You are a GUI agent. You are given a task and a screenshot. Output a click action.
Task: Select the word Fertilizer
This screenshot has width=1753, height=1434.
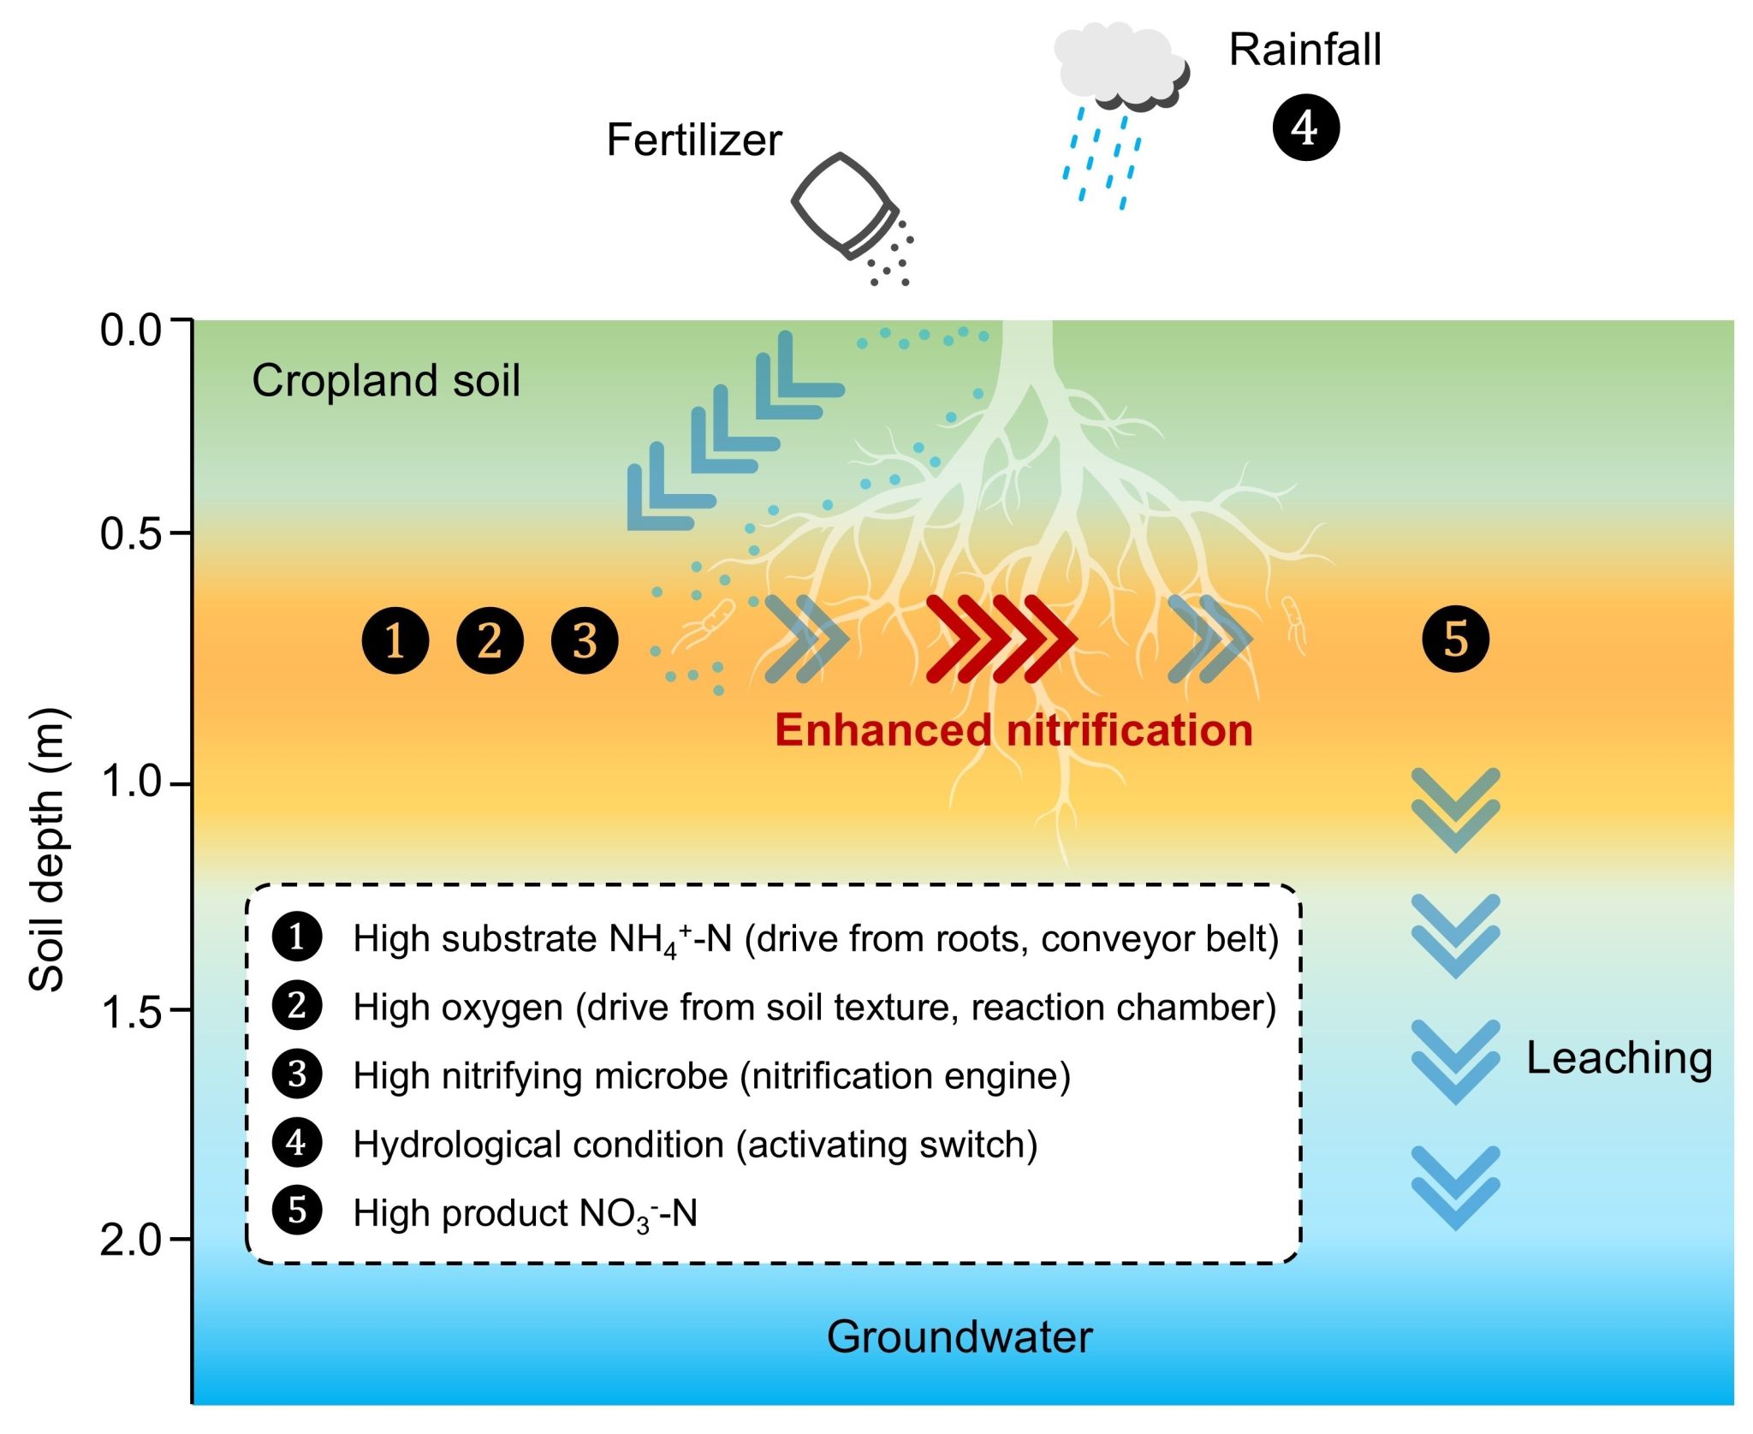pos(694,140)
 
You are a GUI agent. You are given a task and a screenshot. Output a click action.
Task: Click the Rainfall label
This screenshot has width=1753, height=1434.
pos(1305,50)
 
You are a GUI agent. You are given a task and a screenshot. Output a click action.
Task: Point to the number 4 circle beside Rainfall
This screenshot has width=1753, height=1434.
pos(1305,128)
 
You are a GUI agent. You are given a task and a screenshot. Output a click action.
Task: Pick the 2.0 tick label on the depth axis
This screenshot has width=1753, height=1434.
pos(131,1240)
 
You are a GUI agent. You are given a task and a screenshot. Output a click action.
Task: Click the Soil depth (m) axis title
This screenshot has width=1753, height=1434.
pos(46,849)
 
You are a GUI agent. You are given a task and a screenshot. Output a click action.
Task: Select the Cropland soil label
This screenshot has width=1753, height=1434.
pos(386,380)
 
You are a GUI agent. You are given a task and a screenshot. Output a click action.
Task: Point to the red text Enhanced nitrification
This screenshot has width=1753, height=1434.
pos(1013,730)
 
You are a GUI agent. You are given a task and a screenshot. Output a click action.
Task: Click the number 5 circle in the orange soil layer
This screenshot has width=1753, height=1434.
pos(1455,639)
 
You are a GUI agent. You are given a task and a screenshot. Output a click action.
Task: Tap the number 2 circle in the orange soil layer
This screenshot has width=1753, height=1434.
pos(490,640)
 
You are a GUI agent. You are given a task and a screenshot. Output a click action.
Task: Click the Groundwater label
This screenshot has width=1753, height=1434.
pos(960,1336)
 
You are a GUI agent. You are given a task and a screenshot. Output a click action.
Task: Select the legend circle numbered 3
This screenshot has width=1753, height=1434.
pos(297,1074)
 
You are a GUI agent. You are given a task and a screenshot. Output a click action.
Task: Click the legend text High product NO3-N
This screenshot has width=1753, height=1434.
pos(526,1213)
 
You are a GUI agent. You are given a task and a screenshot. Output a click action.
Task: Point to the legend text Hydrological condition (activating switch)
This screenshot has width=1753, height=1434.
pos(696,1145)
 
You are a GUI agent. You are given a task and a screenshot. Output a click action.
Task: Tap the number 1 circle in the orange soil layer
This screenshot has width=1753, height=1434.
pos(395,640)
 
